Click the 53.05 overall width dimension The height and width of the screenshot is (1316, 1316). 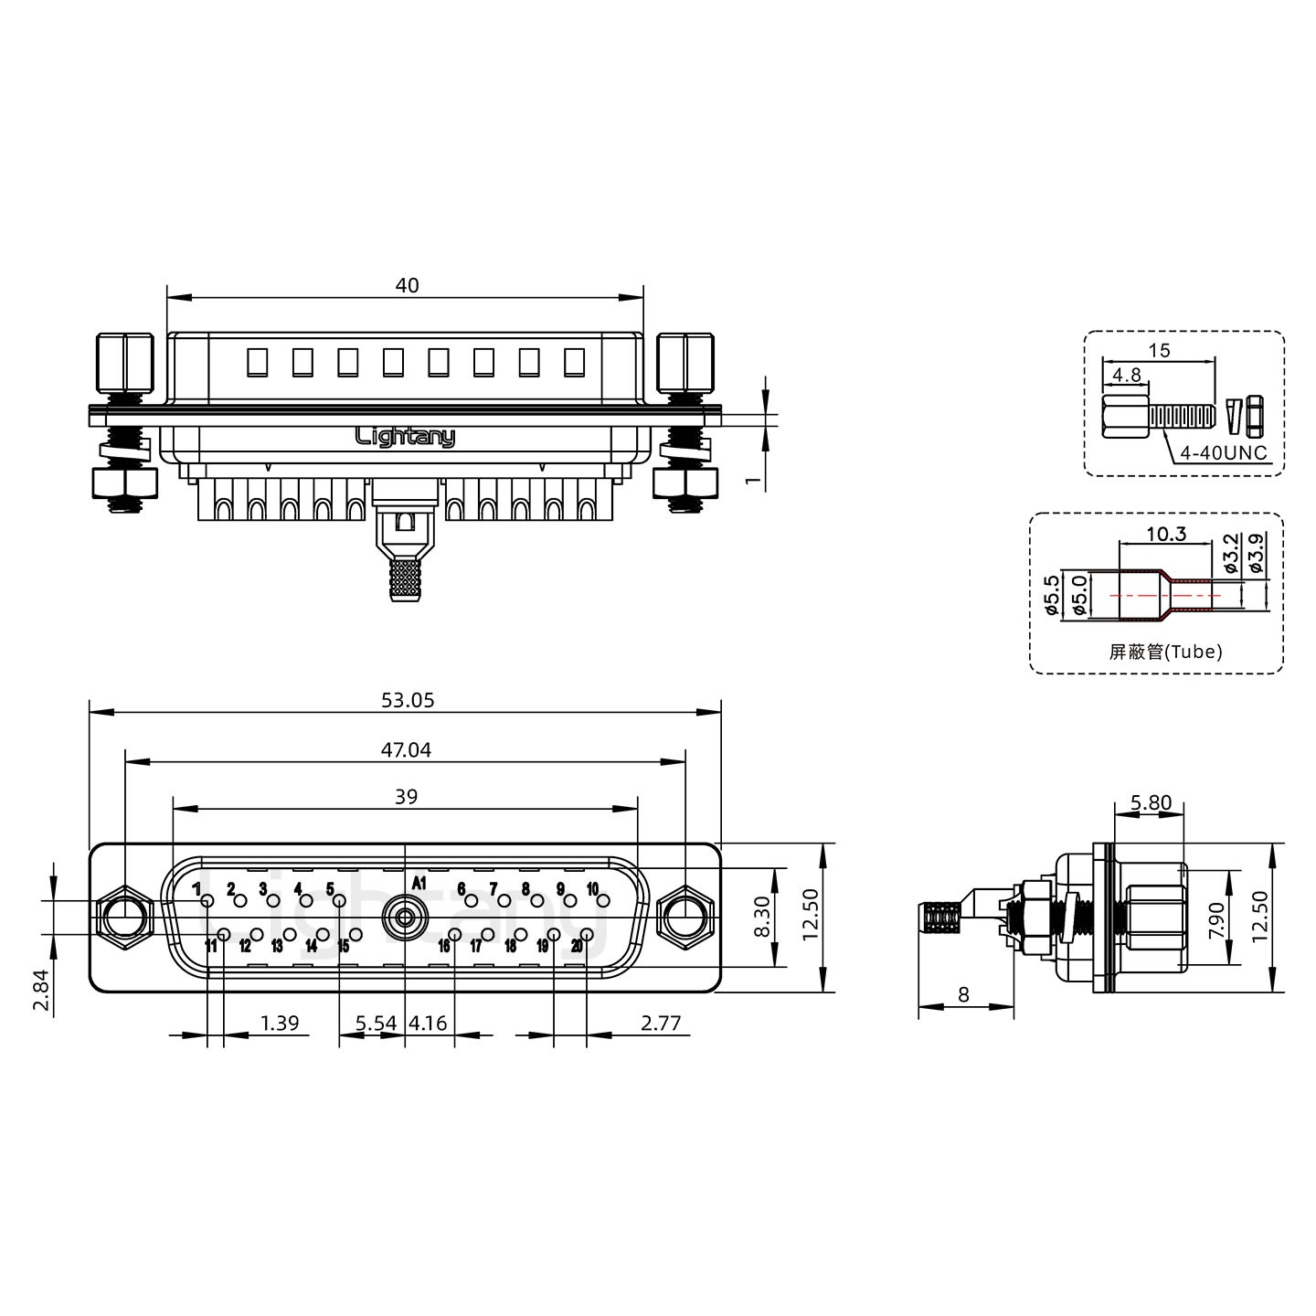(407, 700)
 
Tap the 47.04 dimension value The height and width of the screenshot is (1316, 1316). (406, 750)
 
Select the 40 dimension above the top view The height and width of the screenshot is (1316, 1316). (407, 285)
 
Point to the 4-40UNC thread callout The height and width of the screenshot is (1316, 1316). (1223, 452)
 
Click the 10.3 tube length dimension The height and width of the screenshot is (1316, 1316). (1166, 534)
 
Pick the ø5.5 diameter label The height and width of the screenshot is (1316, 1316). (1053, 595)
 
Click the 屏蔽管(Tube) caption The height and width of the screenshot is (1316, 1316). (1165, 652)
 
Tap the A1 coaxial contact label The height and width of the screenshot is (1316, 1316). (419, 883)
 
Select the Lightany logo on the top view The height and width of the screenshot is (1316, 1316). (405, 437)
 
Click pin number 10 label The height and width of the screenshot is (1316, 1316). (592, 888)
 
